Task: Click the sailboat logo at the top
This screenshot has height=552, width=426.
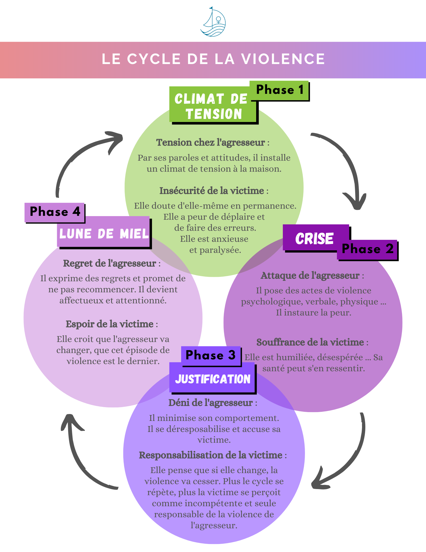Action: coord(213,22)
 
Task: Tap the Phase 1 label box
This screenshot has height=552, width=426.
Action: coord(279,90)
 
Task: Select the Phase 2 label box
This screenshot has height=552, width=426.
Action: coord(367,249)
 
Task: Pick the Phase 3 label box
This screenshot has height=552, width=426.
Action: coord(211,355)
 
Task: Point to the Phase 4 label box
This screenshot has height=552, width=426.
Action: coord(55,212)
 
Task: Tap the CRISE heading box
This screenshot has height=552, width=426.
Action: coord(314,238)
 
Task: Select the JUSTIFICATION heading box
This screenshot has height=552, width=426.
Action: coord(212,379)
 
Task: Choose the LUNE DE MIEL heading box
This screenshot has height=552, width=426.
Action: coord(104,233)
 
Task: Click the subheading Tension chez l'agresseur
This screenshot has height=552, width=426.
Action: coord(211,142)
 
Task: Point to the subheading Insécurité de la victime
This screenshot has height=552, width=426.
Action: coord(212,191)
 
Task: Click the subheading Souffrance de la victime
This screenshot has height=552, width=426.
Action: coord(310,342)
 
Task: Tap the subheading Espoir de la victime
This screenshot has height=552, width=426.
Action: coord(110,324)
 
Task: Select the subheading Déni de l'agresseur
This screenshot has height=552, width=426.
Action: coord(211,403)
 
